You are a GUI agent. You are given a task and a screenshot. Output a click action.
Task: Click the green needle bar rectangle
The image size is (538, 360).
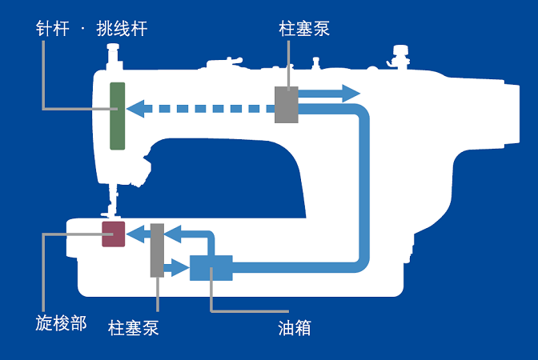pos(118,116)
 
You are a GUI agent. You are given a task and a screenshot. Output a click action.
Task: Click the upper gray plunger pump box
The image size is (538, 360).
pos(287,105)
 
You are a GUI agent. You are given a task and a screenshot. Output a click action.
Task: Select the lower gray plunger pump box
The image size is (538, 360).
pos(157,250)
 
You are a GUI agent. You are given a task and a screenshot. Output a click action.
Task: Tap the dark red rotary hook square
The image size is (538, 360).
pos(114,234)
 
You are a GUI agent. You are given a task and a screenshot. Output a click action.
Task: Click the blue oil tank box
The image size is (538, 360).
pos(211,267)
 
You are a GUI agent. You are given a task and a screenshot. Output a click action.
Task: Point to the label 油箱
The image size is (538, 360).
pos(295,327)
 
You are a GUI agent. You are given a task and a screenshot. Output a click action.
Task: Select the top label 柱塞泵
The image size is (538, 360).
pos(304,29)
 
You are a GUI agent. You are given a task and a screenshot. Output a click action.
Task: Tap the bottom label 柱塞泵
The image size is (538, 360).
pos(134,329)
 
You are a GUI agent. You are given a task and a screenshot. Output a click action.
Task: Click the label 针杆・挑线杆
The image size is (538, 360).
pos(92,29)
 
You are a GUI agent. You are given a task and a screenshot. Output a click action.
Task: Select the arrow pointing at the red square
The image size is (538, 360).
pos(138,234)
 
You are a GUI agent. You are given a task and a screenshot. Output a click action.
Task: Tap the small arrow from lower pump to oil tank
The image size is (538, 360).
pos(177,267)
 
